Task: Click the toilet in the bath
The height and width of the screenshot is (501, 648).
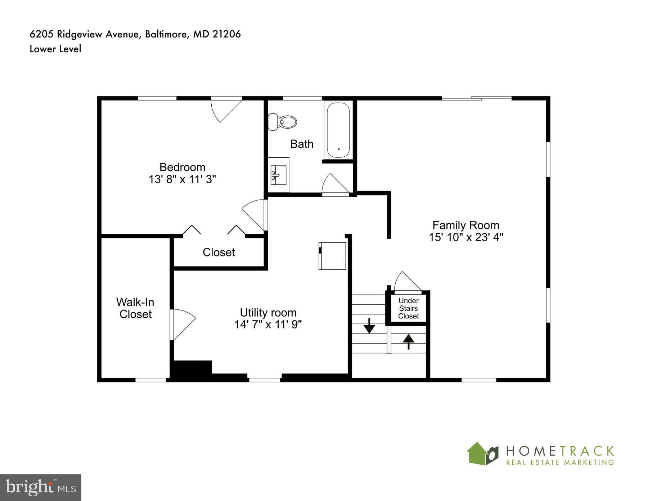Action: (283, 122)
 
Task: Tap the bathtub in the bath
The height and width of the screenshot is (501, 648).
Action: (338, 130)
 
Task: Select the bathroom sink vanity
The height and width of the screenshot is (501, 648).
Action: (278, 175)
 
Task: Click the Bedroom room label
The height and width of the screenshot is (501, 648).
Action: (182, 167)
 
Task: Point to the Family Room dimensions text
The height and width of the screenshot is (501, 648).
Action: (466, 237)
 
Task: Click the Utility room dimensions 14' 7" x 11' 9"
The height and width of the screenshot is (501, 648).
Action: (268, 325)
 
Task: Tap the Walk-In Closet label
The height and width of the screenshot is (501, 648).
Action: (135, 308)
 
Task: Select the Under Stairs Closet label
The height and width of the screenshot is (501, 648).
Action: (409, 308)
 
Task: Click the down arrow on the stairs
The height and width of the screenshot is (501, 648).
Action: (369, 326)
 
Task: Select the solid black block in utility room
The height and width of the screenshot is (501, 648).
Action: (191, 370)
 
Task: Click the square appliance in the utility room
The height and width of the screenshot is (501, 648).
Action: (333, 256)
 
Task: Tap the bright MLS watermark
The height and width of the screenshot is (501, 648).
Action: (41, 488)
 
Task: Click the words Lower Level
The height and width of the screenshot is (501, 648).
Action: (55, 49)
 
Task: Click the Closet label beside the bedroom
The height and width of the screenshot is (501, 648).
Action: (219, 252)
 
